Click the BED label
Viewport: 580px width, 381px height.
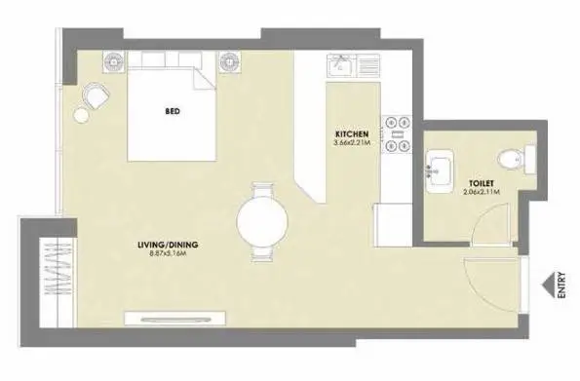point(173,111)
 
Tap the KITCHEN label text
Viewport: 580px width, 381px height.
point(352,133)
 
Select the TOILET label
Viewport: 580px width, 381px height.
point(482,183)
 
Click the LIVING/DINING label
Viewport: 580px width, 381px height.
point(168,245)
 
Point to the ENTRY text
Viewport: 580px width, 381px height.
point(561,285)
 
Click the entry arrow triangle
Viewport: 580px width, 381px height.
point(548,286)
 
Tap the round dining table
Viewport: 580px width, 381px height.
point(262,221)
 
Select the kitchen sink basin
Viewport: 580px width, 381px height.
point(341,66)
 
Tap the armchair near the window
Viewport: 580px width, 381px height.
point(96,95)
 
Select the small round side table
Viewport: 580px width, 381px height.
point(81,115)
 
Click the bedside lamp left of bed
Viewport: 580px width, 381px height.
point(114,61)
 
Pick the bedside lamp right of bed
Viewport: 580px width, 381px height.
point(230,61)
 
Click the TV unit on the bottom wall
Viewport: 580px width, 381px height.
point(174,319)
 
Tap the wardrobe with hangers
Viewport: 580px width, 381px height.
point(58,283)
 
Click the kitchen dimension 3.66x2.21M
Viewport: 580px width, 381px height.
point(352,143)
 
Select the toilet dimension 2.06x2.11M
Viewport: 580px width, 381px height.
point(482,192)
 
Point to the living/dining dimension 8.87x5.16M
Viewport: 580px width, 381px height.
point(168,253)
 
